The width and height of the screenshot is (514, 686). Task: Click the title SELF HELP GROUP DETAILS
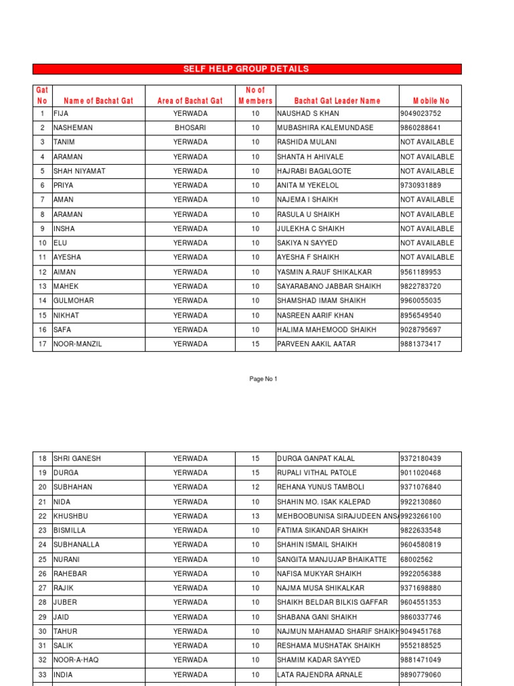(246, 69)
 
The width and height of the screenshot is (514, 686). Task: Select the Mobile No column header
(430, 101)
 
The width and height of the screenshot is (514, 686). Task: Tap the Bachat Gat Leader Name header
(337, 101)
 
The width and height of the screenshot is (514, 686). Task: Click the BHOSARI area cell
(190, 127)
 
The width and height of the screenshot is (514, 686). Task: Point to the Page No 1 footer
(263, 379)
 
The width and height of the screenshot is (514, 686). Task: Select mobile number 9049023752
(421, 113)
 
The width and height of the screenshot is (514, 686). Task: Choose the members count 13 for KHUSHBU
(255, 517)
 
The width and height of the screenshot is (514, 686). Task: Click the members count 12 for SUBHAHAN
(255, 487)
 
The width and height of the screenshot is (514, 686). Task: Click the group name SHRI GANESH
(77, 459)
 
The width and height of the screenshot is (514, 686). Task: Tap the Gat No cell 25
(42, 559)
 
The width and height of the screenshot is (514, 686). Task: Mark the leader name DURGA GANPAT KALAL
(316, 459)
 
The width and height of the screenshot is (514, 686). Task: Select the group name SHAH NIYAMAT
(79, 171)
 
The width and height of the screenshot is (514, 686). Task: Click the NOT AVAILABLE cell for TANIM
(427, 142)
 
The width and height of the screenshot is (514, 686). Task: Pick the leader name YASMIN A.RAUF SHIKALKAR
(324, 272)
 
